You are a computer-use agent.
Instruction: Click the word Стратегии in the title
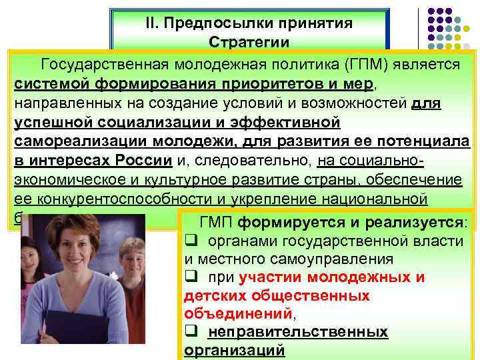(249, 42)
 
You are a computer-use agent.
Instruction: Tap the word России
(142, 161)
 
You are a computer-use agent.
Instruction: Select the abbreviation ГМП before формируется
(217, 222)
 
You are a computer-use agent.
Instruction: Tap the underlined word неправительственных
(298, 331)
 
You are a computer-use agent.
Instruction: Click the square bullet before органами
(190, 241)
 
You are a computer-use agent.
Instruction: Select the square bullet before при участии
(190, 277)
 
